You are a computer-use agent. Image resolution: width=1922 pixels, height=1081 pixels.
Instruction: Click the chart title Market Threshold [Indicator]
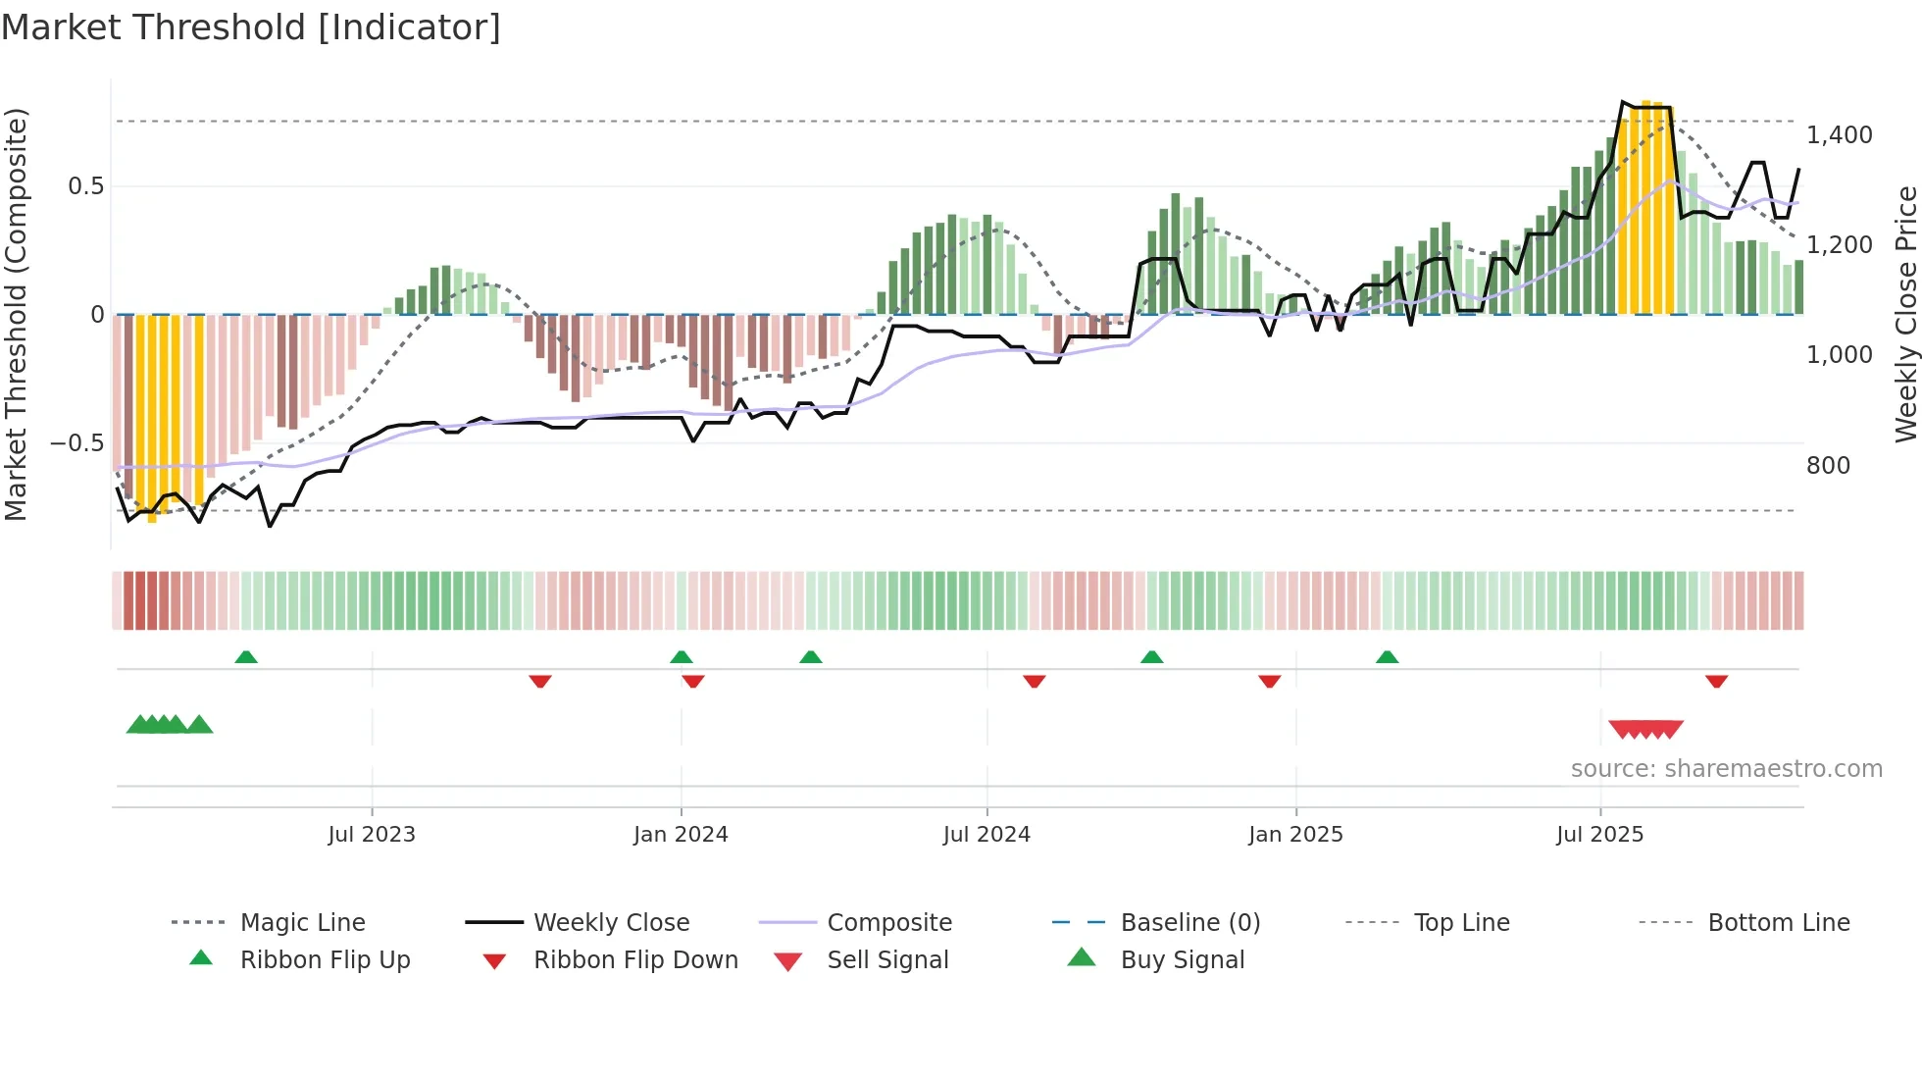pyautogui.click(x=251, y=27)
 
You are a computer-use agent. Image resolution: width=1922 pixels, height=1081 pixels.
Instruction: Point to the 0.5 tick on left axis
pyautogui.click(x=85, y=186)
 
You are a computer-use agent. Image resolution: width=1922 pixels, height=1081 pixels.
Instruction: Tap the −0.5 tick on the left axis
pyautogui.click(x=77, y=443)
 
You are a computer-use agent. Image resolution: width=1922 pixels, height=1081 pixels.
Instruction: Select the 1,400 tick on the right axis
pyautogui.click(x=1839, y=135)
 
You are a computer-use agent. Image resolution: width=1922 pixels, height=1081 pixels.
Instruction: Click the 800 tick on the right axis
pyautogui.click(x=1828, y=466)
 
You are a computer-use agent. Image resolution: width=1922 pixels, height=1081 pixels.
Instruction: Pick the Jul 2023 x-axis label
pyautogui.click(x=372, y=835)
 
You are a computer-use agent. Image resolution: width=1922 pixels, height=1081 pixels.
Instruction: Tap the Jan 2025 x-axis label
pyautogui.click(x=1295, y=835)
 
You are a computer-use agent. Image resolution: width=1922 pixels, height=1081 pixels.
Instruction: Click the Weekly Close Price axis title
pyautogui.click(x=1905, y=314)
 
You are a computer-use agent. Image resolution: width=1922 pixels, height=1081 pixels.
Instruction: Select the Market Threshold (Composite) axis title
pyautogui.click(x=16, y=314)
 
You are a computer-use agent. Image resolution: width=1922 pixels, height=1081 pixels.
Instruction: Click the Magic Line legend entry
pyautogui.click(x=302, y=923)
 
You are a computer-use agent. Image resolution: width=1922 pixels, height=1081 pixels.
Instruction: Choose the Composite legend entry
pyautogui.click(x=888, y=923)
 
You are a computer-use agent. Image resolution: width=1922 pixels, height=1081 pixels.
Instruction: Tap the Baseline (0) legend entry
pyautogui.click(x=1189, y=923)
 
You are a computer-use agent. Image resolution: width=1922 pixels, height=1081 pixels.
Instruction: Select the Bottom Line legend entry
pyautogui.click(x=1778, y=923)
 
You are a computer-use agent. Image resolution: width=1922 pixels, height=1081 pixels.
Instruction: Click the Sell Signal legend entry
pyautogui.click(x=886, y=960)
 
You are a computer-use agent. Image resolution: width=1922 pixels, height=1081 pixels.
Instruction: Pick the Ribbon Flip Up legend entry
pyautogui.click(x=325, y=960)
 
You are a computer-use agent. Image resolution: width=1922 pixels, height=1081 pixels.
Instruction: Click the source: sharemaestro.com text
pyautogui.click(x=1726, y=769)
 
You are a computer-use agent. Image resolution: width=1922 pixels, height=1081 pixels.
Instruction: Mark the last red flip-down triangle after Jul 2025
pyautogui.click(x=1716, y=681)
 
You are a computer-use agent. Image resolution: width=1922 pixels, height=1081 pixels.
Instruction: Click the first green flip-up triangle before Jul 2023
pyautogui.click(x=246, y=657)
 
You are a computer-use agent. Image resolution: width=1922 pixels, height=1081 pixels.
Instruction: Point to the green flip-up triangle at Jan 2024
pyautogui.click(x=682, y=657)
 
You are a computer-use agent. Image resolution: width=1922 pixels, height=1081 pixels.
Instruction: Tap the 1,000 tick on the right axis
pyautogui.click(x=1839, y=355)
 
